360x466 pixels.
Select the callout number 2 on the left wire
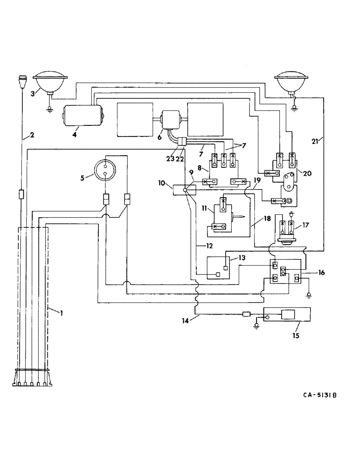coord(32,136)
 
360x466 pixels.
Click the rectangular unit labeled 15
coord(288,316)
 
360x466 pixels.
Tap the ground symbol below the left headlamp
coord(48,110)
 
